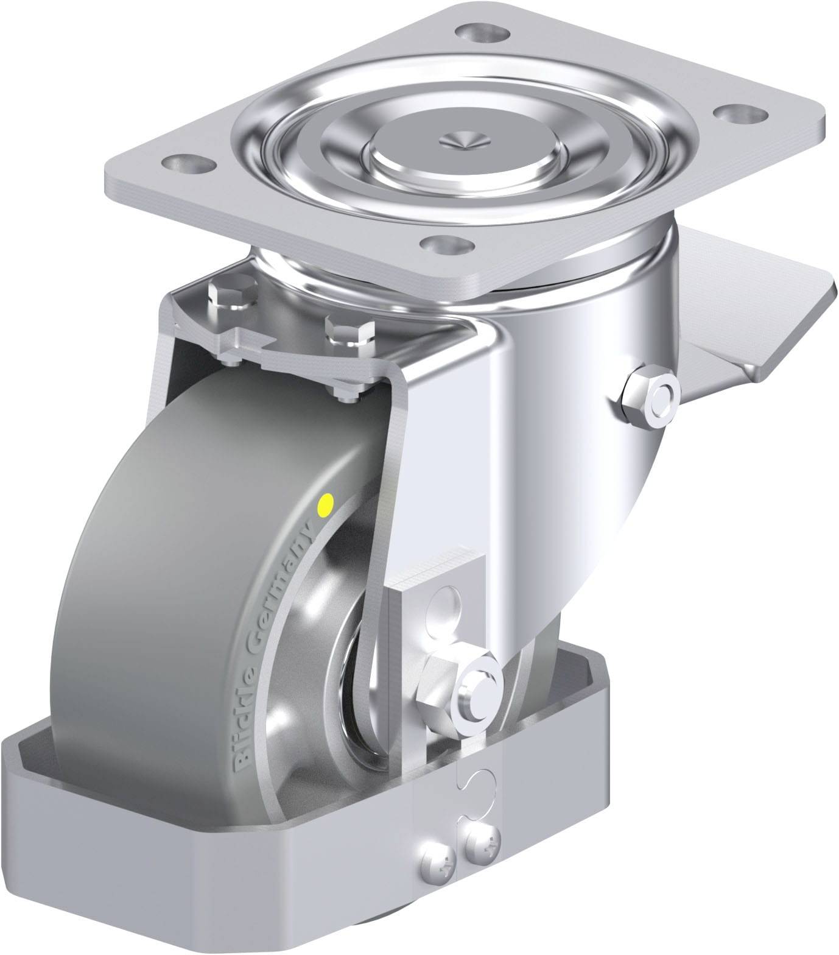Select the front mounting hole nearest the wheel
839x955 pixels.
coord(449,245)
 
